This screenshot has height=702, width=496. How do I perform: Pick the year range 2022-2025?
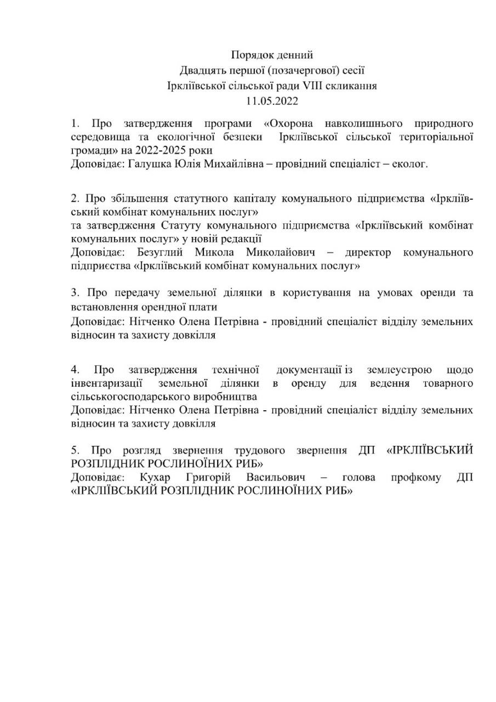tap(162, 150)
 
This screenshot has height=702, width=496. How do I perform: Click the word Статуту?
tap(181, 225)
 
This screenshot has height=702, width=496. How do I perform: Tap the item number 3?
tap(75, 293)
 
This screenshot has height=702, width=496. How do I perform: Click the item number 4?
tap(75, 370)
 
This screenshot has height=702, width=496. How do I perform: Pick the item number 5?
tap(75, 450)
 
